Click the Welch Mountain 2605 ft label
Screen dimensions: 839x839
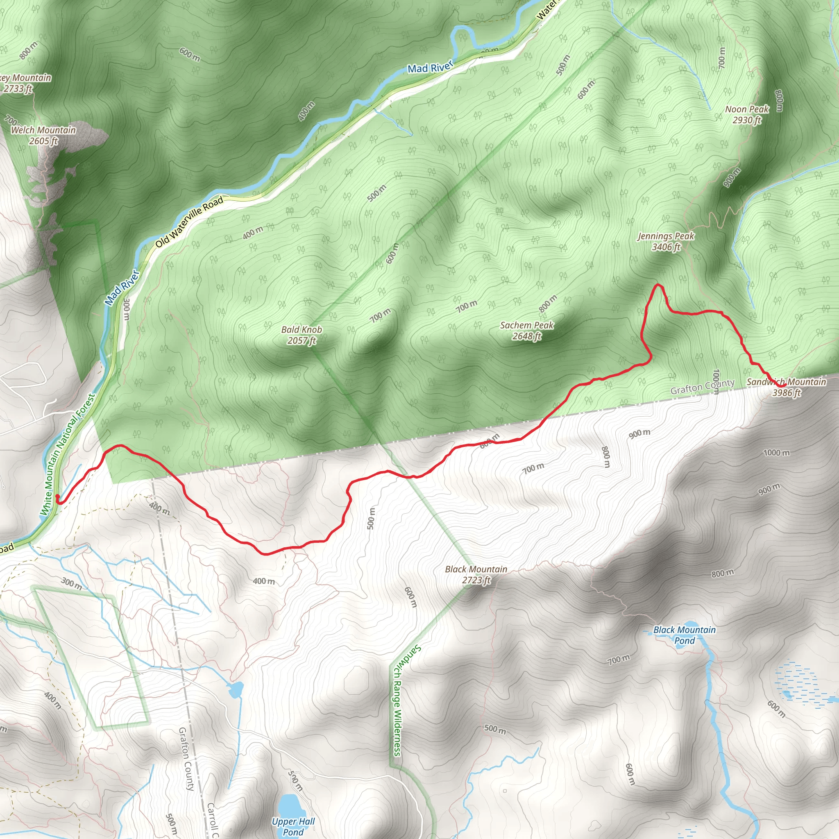coord(43,136)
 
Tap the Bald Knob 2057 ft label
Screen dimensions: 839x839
coord(302,335)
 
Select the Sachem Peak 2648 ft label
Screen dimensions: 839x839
coord(527,331)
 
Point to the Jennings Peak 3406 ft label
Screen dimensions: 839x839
coord(666,241)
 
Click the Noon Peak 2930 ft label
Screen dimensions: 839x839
coord(747,115)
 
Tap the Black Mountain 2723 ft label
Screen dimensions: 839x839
coord(476,574)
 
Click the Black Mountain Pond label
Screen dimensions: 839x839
coord(685,635)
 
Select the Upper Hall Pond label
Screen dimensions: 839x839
coord(293,826)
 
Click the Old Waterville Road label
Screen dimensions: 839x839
coord(189,222)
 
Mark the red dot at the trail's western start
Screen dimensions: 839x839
coord(57,496)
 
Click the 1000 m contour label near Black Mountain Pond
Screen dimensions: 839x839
coord(776,453)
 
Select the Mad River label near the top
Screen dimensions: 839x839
coord(430,67)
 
